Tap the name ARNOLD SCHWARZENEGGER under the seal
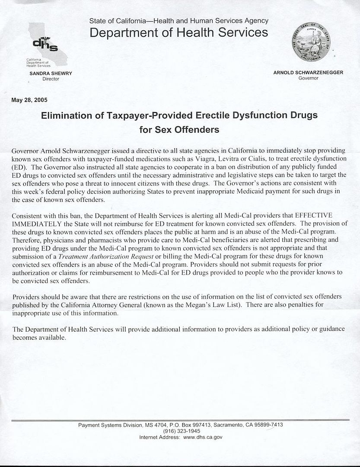[308, 73]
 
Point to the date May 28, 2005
[29, 100]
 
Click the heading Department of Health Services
[178, 32]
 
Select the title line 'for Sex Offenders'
[179, 129]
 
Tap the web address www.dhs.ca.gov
[203, 437]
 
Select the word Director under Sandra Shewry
[51, 79]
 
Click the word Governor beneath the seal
[308, 78]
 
